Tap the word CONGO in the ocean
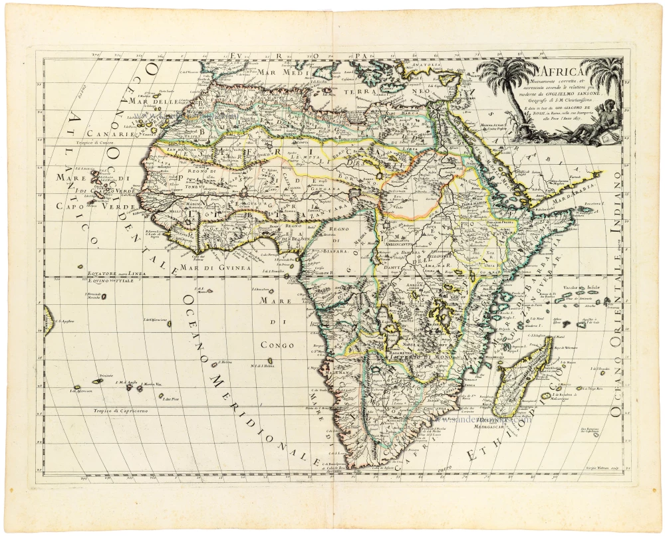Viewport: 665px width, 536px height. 277,345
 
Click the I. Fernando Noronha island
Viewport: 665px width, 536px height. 96,296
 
